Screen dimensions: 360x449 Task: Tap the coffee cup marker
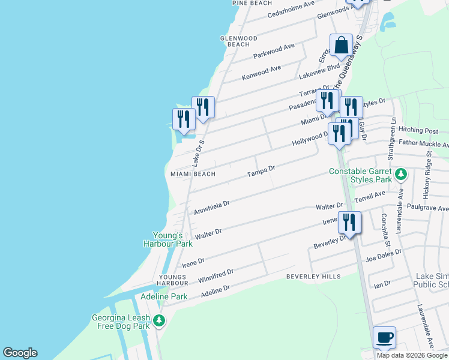pyautogui.click(x=384, y=337)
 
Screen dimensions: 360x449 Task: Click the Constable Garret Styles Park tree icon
pyautogui.click(x=402, y=176)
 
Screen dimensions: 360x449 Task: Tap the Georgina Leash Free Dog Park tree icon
pyautogui.click(x=159, y=321)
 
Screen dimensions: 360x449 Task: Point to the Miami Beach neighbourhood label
pyautogui.click(x=193, y=174)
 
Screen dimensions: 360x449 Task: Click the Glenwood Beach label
pyautogui.click(x=239, y=41)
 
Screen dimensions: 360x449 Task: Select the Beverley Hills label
pyautogui.click(x=313, y=277)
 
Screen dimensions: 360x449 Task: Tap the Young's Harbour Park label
pyautogui.click(x=167, y=239)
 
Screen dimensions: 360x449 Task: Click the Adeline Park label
pyautogui.click(x=164, y=296)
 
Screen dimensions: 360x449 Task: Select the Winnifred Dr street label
pyautogui.click(x=215, y=275)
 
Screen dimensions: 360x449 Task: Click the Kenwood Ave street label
pyautogui.click(x=261, y=73)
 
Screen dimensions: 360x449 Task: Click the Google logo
pyautogui.click(x=20, y=353)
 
